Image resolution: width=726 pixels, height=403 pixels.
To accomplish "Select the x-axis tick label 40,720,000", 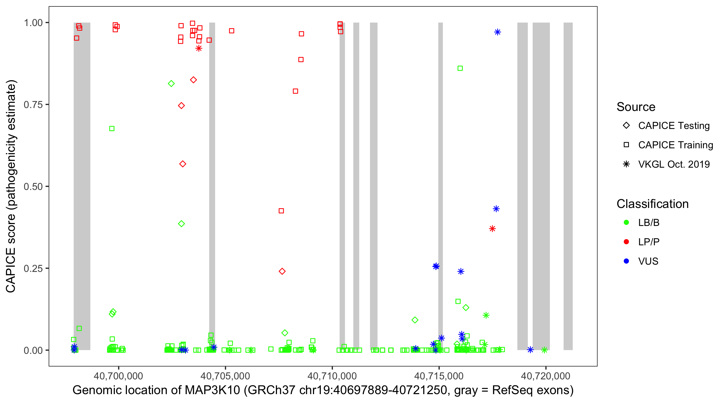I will tap(546, 376).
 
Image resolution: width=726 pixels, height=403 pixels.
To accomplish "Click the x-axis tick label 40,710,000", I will tap(332, 376).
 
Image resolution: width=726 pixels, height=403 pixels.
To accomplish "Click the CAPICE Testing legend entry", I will tap(674, 126).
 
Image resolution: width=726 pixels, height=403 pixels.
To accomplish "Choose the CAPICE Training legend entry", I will tap(675, 145).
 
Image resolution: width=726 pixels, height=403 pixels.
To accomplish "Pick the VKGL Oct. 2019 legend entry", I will tap(674, 164).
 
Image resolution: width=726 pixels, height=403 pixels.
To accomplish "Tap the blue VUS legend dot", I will tap(626, 261).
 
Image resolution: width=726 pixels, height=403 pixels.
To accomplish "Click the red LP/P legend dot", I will tap(626, 242).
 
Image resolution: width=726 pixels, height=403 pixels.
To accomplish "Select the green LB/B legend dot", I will tap(626, 223).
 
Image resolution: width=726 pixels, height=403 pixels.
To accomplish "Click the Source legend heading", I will tap(636, 107).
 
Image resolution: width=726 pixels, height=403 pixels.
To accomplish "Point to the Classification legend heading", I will tap(652, 204).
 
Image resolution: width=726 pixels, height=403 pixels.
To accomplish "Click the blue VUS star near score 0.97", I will tap(497, 32).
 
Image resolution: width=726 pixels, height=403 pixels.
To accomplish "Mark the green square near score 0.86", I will tap(460, 69).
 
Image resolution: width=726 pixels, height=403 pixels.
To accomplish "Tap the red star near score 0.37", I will tap(492, 229).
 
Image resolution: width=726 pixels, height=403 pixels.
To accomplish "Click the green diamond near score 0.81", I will tap(171, 84).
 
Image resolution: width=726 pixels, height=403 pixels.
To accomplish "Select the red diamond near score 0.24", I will tap(282, 271).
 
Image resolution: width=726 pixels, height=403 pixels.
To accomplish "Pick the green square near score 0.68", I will tap(112, 129).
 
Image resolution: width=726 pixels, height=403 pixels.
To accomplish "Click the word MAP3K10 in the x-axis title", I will tap(212, 390).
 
